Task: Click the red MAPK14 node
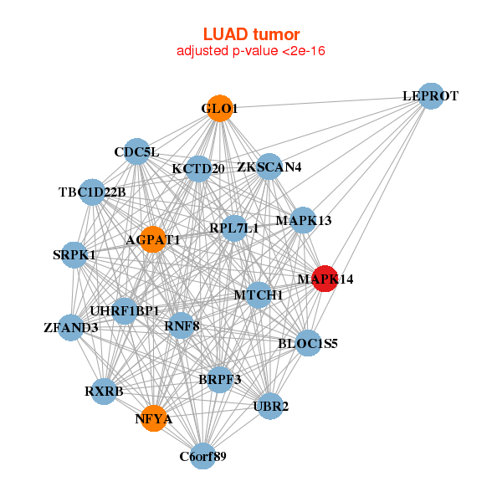[x=325, y=279]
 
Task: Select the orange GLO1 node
[x=219, y=109]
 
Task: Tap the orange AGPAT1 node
[x=152, y=240]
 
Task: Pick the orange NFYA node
[x=153, y=418]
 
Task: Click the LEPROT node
[x=430, y=96]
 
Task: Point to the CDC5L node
[x=137, y=151]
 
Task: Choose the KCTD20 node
[x=198, y=169]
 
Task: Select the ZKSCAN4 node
[x=269, y=166]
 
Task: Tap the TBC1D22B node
[x=92, y=192]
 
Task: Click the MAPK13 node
[x=303, y=221]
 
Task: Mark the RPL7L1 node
[x=233, y=228]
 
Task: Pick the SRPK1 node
[x=74, y=254]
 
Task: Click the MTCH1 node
[x=259, y=295]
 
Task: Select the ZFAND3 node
[x=71, y=327]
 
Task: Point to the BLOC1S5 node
[x=308, y=342]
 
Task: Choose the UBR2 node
[x=269, y=407]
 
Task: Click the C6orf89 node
[x=202, y=456]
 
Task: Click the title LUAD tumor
[x=251, y=34]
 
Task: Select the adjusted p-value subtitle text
[x=251, y=51]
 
